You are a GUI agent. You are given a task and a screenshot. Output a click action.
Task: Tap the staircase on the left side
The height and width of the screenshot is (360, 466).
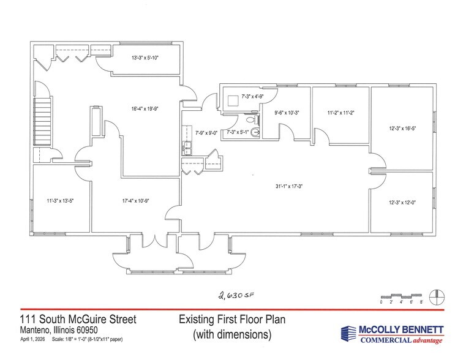42,122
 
